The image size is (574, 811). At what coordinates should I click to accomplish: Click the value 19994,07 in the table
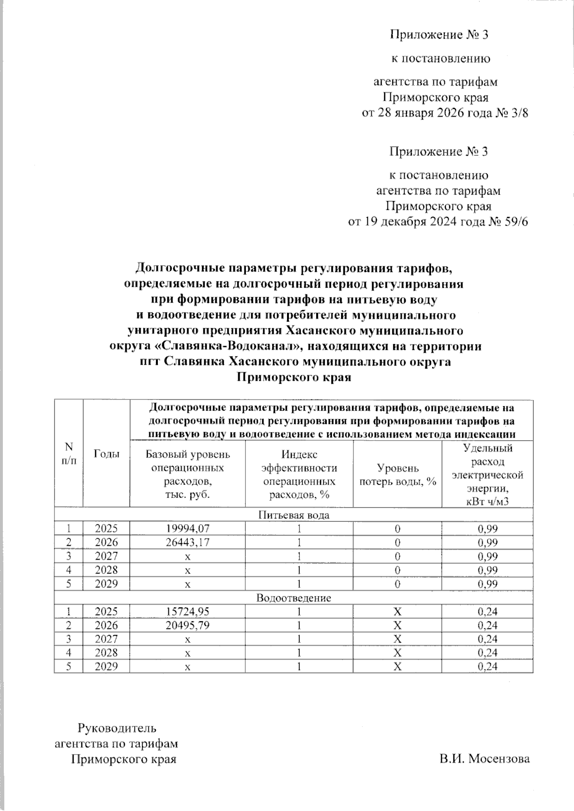click(x=188, y=529)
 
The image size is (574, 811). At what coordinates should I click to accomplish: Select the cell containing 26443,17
click(x=188, y=542)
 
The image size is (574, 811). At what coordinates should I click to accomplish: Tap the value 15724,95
click(x=188, y=612)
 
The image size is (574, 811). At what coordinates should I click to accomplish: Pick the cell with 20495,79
click(x=188, y=626)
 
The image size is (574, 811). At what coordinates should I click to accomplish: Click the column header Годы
click(x=106, y=454)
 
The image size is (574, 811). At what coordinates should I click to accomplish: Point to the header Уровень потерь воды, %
click(x=397, y=475)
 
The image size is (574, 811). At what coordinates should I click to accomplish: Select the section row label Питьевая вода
click(x=294, y=515)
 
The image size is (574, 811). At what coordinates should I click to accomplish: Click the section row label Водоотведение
click(x=294, y=598)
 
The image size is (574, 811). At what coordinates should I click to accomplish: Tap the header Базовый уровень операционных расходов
click(x=188, y=474)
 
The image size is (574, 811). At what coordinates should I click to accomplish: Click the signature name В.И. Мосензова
click(x=485, y=759)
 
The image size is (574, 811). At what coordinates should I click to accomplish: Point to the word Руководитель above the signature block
click(x=117, y=728)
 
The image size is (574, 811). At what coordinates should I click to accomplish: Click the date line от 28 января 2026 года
click(x=445, y=113)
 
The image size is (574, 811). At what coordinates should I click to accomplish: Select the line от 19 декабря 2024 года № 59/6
click(x=438, y=222)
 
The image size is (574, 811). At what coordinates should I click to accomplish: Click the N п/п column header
click(x=69, y=454)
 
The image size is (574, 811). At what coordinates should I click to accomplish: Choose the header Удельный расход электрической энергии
click(x=487, y=475)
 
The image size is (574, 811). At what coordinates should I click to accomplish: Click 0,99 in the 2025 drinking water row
click(x=487, y=529)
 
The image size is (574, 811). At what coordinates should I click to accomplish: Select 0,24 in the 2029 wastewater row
click(x=487, y=667)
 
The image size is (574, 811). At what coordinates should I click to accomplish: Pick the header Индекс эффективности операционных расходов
click(x=299, y=475)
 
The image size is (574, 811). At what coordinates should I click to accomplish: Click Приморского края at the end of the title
click(x=294, y=378)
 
